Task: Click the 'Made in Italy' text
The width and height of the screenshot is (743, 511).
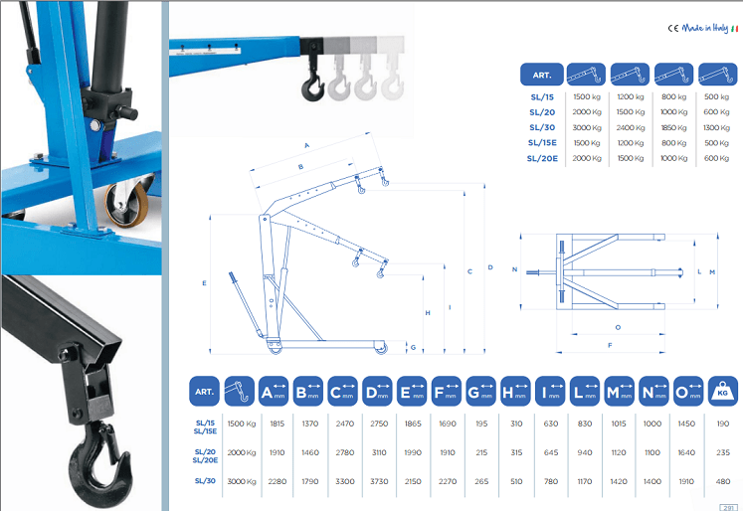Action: [x=704, y=29]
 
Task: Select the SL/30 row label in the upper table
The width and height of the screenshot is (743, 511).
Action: [x=542, y=127]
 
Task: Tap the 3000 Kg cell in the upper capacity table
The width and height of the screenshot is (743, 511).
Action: [x=587, y=128]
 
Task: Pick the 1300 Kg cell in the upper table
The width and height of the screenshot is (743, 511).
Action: [x=716, y=128]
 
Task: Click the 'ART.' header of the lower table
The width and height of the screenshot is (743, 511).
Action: [x=204, y=392]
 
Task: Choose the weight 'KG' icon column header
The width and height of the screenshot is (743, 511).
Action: [x=723, y=392]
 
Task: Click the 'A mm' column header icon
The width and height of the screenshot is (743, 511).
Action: [x=274, y=392]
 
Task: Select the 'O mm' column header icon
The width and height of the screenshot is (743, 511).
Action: [x=688, y=392]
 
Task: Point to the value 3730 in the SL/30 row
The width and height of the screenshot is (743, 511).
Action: [x=379, y=481]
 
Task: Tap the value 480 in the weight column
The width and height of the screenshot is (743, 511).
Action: [x=723, y=481]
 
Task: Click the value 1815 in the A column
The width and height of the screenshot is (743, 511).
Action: [x=278, y=424]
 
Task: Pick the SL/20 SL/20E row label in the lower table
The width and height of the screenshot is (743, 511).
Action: [x=205, y=456]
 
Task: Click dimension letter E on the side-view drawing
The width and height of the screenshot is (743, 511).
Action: [x=204, y=283]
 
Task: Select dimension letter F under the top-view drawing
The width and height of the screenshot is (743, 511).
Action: [x=610, y=345]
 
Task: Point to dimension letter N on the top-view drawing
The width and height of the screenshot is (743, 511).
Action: [x=515, y=269]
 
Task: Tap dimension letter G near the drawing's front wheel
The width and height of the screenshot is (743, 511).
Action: [x=413, y=348]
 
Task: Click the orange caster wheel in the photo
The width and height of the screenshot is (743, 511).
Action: [x=127, y=204]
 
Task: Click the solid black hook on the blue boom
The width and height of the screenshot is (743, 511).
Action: [x=312, y=85]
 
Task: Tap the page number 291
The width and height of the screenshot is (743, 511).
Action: [x=728, y=508]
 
